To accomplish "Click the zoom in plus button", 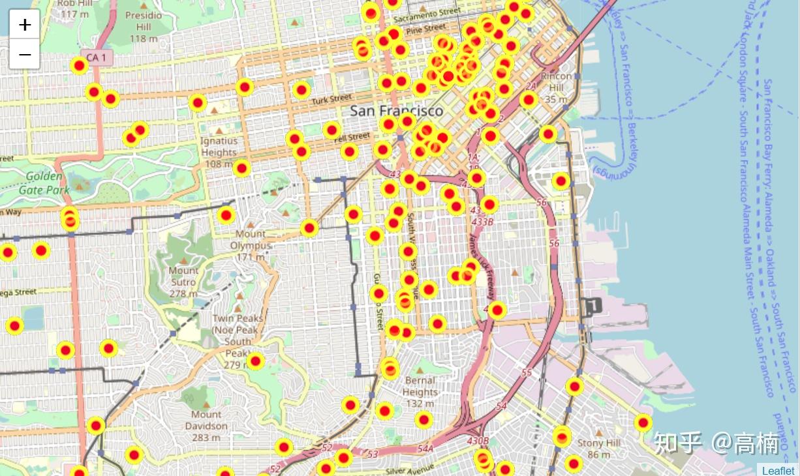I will (x=25, y=25).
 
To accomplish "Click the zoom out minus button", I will (x=25, y=55).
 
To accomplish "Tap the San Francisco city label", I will (x=396, y=111).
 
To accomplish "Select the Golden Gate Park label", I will (x=44, y=183).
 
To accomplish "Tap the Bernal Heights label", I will (x=420, y=386).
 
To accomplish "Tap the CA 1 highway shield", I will (x=97, y=58).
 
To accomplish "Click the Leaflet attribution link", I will (x=778, y=470).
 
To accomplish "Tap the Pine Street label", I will (x=426, y=29).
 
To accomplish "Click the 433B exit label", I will (x=482, y=222).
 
